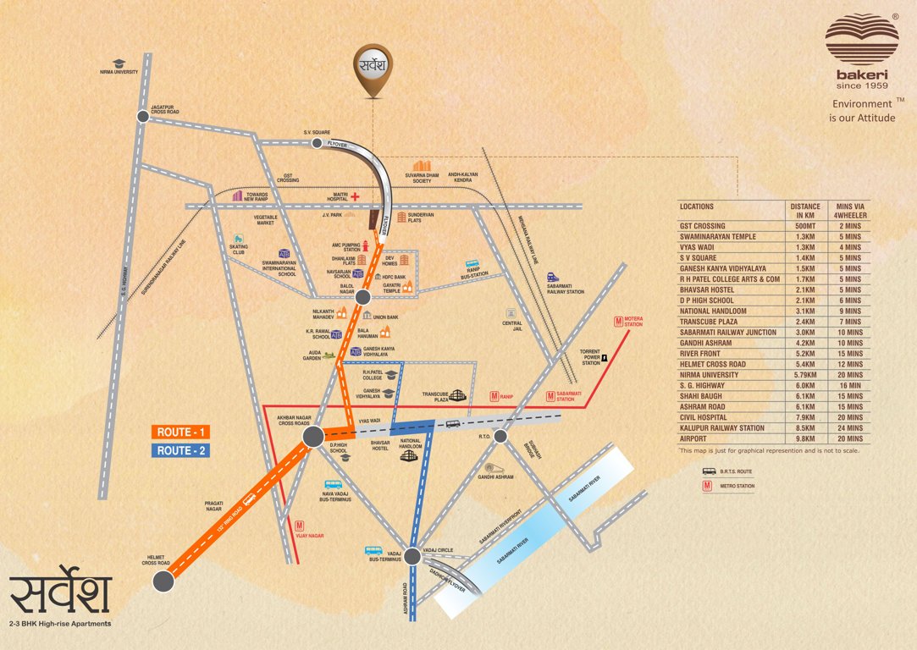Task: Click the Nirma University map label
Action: point(119,72)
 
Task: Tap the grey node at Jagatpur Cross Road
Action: point(142,118)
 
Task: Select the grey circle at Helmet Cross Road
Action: point(163,581)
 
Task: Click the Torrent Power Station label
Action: point(589,357)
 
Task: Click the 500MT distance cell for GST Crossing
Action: point(804,226)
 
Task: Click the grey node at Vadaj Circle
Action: point(412,556)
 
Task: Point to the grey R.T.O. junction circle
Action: point(500,436)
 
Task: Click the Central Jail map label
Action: point(511,323)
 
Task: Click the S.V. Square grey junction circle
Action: point(318,143)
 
